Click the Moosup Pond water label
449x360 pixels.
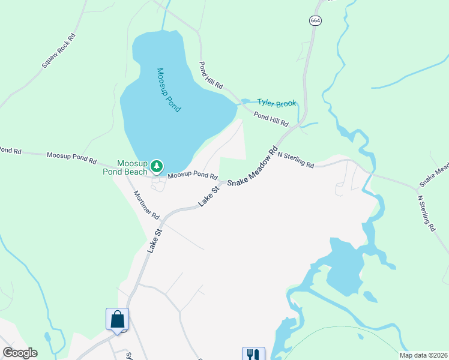click(169, 90)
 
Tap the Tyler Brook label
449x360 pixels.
click(277, 103)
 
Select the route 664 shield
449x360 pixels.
click(316, 20)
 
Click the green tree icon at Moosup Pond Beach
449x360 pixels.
click(157, 165)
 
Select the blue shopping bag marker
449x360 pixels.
click(118, 319)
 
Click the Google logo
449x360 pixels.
click(20, 353)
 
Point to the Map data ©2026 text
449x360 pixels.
click(423, 355)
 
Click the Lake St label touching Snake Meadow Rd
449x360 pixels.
click(210, 196)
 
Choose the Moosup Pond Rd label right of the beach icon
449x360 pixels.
click(192, 175)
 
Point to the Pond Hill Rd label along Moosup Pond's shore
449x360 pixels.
click(211, 75)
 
